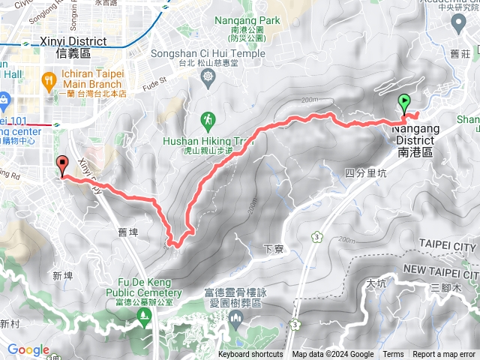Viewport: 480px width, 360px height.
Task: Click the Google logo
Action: (x=28, y=349)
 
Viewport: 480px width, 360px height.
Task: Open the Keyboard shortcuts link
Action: (x=250, y=355)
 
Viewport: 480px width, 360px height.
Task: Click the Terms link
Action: (x=393, y=355)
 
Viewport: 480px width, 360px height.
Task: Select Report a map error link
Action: (x=445, y=355)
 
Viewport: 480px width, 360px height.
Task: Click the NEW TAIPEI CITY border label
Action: (x=440, y=268)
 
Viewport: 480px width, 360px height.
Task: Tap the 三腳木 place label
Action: (x=445, y=288)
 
